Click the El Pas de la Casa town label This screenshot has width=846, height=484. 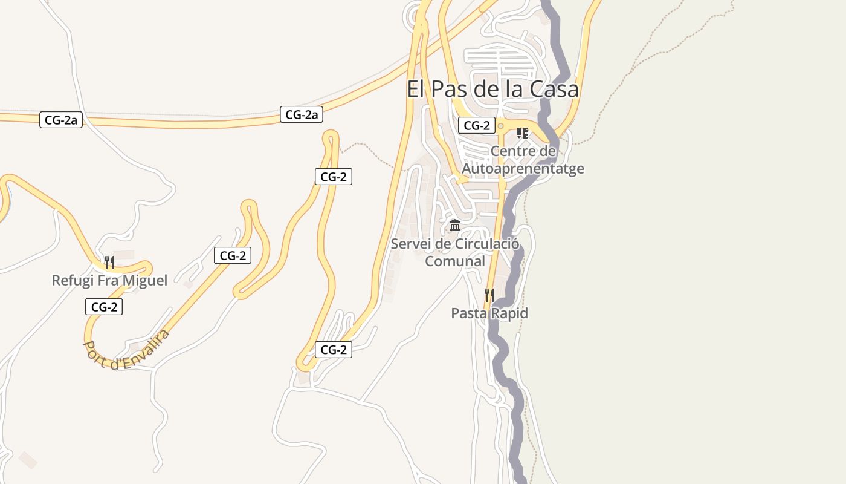(x=492, y=89)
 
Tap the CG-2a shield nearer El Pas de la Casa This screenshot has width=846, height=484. (x=302, y=114)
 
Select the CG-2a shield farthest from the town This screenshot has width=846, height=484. (x=61, y=120)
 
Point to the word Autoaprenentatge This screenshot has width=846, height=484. (x=523, y=168)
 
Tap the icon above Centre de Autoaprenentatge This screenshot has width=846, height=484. (x=523, y=133)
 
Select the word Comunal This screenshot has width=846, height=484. (x=455, y=261)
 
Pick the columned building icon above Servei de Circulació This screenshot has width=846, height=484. (x=455, y=226)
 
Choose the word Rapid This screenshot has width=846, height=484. (x=509, y=313)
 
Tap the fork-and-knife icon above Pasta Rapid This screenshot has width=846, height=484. (x=489, y=295)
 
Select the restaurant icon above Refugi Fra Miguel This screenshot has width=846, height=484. (x=109, y=263)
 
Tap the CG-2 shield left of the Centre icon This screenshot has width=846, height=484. (x=477, y=126)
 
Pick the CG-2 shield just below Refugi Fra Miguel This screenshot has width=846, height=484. (x=104, y=307)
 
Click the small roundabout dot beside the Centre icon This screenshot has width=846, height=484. (x=500, y=126)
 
